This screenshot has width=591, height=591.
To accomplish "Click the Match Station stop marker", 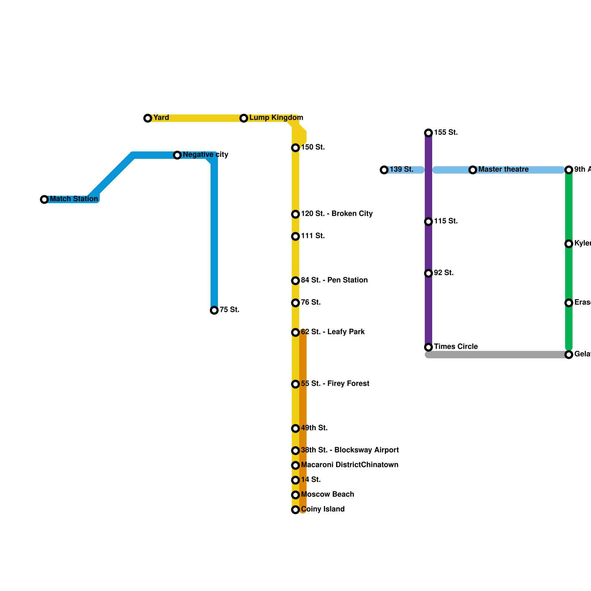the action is [x=44, y=199].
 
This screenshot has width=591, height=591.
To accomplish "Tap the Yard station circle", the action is [x=148, y=118].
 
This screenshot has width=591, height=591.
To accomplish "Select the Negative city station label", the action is [x=205, y=155].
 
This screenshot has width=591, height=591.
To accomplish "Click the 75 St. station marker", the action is [x=214, y=310].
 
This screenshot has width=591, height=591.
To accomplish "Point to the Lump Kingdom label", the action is [x=276, y=118].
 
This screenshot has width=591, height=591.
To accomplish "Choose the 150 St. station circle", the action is [x=295, y=148].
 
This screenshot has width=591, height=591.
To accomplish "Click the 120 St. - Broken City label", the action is [x=337, y=214].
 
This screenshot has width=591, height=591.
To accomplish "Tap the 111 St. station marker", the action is [x=295, y=236].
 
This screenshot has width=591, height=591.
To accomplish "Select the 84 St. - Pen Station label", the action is [x=334, y=280].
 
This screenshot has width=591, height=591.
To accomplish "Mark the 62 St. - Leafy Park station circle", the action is [x=295, y=332].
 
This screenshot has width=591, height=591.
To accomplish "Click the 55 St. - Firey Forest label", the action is [x=335, y=384].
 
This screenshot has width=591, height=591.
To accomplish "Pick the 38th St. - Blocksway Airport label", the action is [x=349, y=450].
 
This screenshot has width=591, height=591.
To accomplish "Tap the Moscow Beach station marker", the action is [x=295, y=495].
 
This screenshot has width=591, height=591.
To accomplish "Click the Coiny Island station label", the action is [x=322, y=509].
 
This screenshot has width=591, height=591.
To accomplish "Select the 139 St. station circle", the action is [x=384, y=170].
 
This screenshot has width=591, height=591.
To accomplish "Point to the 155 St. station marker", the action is [x=428, y=133].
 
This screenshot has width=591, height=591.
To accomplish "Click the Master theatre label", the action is [x=503, y=170].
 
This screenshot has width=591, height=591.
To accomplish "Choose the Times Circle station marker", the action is [x=428, y=347].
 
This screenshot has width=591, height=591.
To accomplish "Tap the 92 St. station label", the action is [x=444, y=273].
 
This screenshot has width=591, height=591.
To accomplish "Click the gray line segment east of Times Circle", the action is [x=499, y=355].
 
